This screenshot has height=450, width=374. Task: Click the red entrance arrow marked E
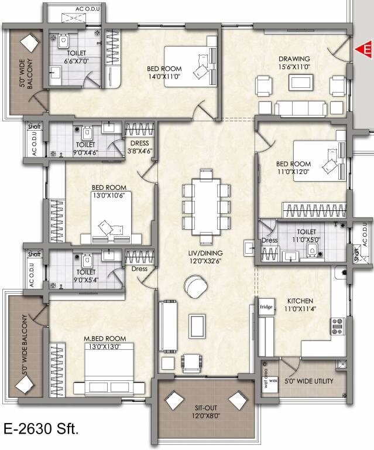365,50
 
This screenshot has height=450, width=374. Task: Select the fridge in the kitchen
265,305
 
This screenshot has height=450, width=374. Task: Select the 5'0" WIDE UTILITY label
308,381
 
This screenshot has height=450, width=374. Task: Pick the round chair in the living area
194,287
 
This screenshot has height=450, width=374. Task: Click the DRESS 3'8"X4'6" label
140,146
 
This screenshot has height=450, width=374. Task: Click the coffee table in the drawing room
299,83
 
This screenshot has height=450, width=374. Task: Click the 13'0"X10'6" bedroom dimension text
108,195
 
